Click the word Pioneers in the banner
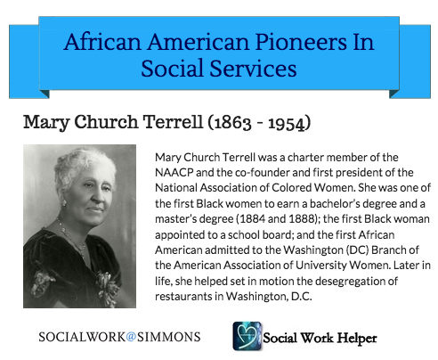pos(301,42)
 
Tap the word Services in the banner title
pos(253,69)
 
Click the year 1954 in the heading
pos(287,123)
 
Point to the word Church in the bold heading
pos(106,122)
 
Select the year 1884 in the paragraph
pos(253,219)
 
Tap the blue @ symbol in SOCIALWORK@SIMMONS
pos(131,337)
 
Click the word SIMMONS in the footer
pos(168,337)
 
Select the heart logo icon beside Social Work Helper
pos(247,336)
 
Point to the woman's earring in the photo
pos(63,203)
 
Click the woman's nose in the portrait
pos(100,194)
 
